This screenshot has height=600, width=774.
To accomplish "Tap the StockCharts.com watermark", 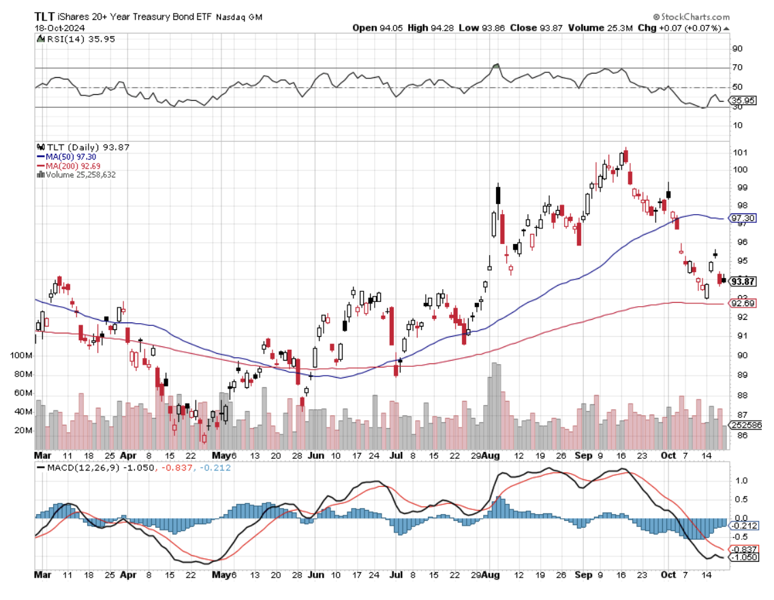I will click(691, 16).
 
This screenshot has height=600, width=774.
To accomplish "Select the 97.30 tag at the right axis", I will click(743, 219).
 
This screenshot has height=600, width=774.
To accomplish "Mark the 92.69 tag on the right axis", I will click(743, 303).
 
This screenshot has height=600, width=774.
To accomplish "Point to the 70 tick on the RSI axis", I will click(737, 68).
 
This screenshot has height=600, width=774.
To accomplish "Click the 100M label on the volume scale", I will click(22, 356).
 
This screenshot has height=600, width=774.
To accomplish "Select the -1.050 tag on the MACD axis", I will click(743, 557).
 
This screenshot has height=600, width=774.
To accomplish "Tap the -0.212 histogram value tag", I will click(743, 526).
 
